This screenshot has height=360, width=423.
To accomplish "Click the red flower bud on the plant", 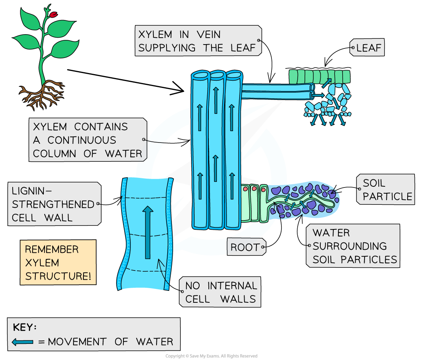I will pos(53,15).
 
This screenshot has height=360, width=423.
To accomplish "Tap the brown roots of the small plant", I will pos(42,93).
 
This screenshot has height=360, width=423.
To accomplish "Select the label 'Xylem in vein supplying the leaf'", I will pos(197,41).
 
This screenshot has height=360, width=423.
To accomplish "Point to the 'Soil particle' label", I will pos(386,189).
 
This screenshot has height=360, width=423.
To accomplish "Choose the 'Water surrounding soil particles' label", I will pos(354,246).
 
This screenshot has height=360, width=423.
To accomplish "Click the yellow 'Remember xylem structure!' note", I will pos(58,263).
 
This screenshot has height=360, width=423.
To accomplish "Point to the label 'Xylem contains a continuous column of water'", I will pos(87,140).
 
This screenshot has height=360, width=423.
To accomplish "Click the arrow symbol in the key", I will pos(23,342).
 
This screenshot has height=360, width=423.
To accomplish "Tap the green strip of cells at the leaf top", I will pos(319,76).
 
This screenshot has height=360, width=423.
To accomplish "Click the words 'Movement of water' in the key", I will pos(110,342).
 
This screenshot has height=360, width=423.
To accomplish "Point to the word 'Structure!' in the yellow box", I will pos(58,276).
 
